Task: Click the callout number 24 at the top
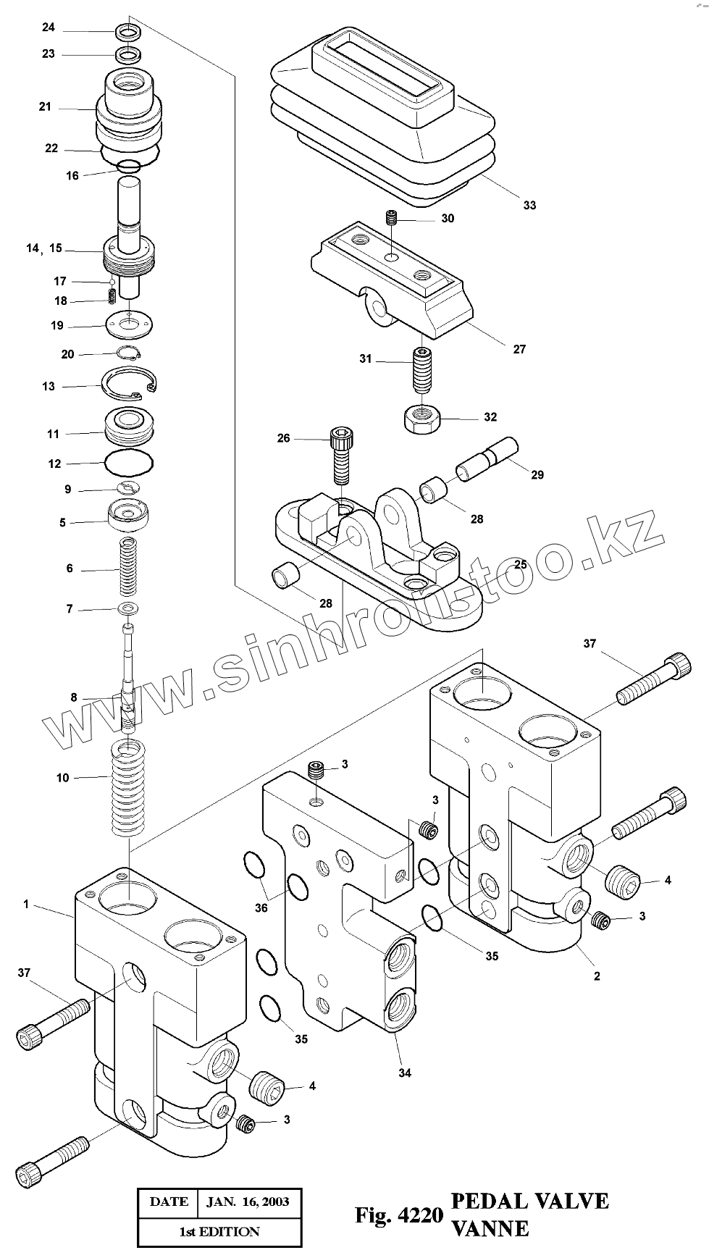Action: point(49,28)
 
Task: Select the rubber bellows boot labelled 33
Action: point(384,116)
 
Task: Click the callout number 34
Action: point(405,1073)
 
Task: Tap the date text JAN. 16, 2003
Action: point(248,1202)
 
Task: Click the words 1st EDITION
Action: point(219,1231)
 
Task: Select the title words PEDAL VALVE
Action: point(529,1200)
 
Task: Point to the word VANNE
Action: point(490,1228)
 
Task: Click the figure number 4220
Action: point(420,1215)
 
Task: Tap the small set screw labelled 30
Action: point(391,217)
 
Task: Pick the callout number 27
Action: point(519,349)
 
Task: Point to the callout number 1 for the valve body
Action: point(26,904)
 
